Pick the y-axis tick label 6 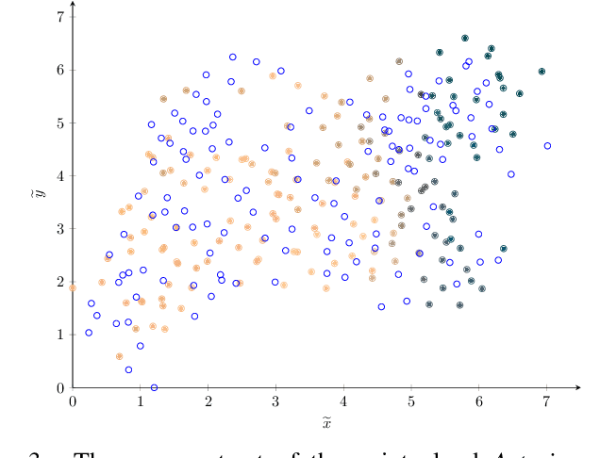point(60,70)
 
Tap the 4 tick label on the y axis point(60,175)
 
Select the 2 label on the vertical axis point(60,282)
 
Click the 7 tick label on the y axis point(60,17)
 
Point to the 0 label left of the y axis point(60,387)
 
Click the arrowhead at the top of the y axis point(73,5)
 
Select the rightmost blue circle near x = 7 point(547,146)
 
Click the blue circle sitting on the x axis point(154,387)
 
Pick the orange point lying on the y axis point(73,287)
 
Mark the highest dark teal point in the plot point(465,39)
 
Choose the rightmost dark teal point point(542,71)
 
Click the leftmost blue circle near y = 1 point(89,333)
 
